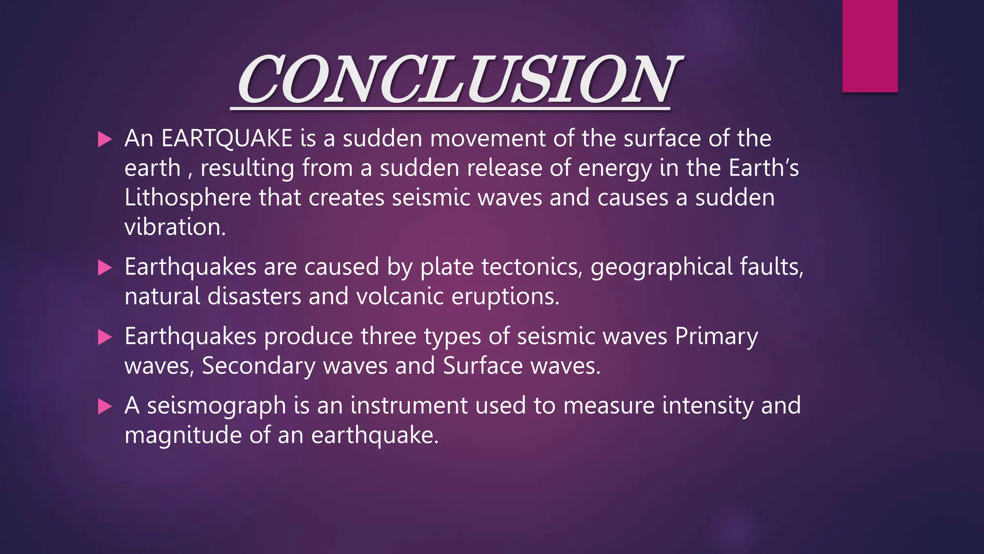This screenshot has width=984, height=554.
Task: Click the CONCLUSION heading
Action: pos(456,80)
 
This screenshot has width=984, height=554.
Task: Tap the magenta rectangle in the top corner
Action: pos(870,46)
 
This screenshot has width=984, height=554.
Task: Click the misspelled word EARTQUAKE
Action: pos(227,138)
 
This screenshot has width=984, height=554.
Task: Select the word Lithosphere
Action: pos(188,198)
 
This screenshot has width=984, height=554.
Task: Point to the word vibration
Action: pos(175,227)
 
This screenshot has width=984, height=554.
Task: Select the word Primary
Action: pos(716,337)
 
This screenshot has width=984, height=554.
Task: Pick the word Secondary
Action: pos(258,366)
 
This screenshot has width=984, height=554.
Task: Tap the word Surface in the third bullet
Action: pos(483,366)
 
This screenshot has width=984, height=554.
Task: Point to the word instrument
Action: pos(408,405)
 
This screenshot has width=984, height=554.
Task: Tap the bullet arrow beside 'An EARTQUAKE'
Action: pos(104,139)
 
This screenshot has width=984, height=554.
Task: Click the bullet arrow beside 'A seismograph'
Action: pos(104,407)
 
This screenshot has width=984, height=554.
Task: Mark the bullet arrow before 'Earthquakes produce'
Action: pos(104,337)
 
